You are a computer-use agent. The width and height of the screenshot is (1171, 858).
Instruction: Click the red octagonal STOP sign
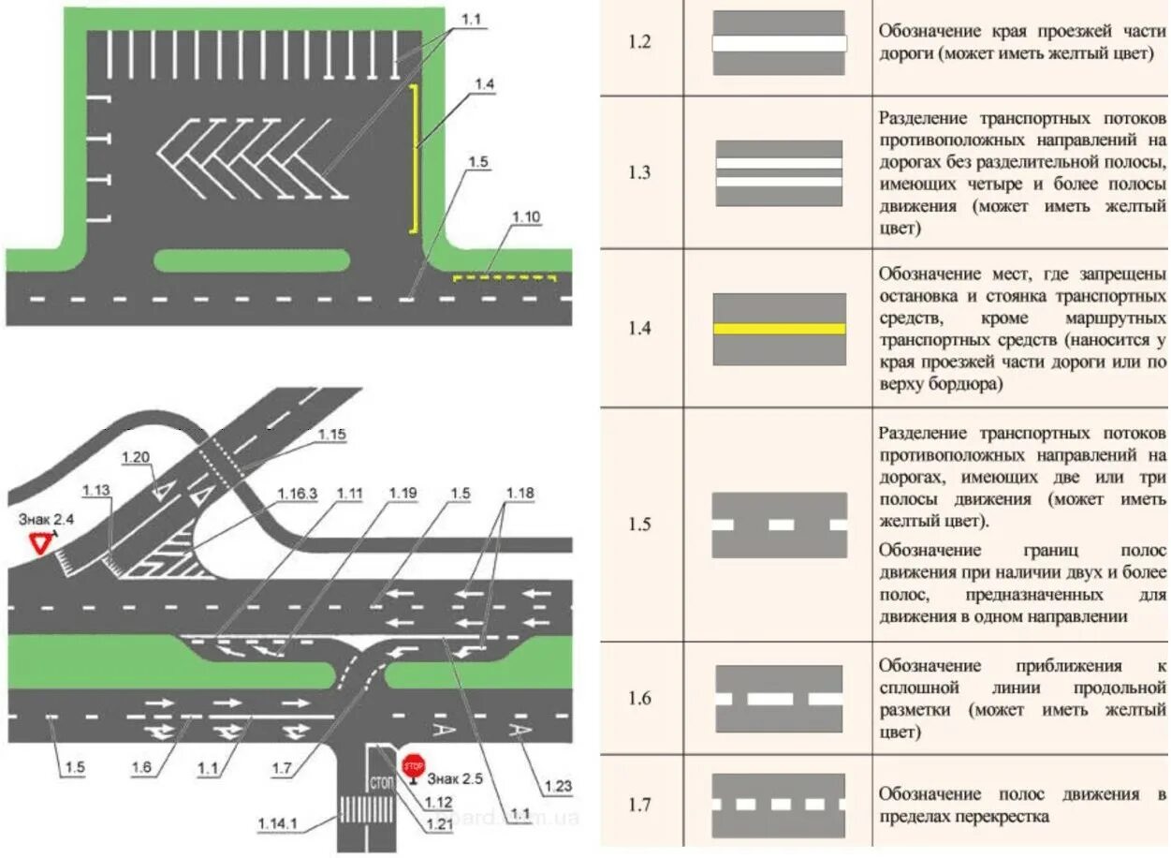(x=413, y=765)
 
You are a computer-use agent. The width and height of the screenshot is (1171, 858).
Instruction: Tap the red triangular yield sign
(x=39, y=543)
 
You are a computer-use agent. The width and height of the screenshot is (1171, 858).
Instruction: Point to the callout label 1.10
(x=526, y=217)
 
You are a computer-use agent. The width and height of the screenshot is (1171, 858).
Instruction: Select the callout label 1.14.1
(x=279, y=822)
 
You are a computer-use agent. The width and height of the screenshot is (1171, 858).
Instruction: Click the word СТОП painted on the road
(x=382, y=781)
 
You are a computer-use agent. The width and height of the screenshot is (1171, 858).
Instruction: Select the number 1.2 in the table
(x=639, y=43)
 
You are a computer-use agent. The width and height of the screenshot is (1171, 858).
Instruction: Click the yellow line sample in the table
(x=779, y=329)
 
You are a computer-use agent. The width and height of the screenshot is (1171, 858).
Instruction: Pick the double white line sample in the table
(x=779, y=173)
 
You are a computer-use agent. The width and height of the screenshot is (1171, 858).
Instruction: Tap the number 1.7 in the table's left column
(x=639, y=804)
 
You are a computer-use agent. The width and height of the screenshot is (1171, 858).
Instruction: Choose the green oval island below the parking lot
(x=252, y=260)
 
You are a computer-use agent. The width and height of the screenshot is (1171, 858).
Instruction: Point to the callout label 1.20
(x=136, y=456)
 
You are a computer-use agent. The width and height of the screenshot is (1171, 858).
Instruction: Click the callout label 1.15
(x=331, y=434)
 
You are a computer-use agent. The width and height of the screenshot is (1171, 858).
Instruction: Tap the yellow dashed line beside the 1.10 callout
(x=505, y=278)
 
